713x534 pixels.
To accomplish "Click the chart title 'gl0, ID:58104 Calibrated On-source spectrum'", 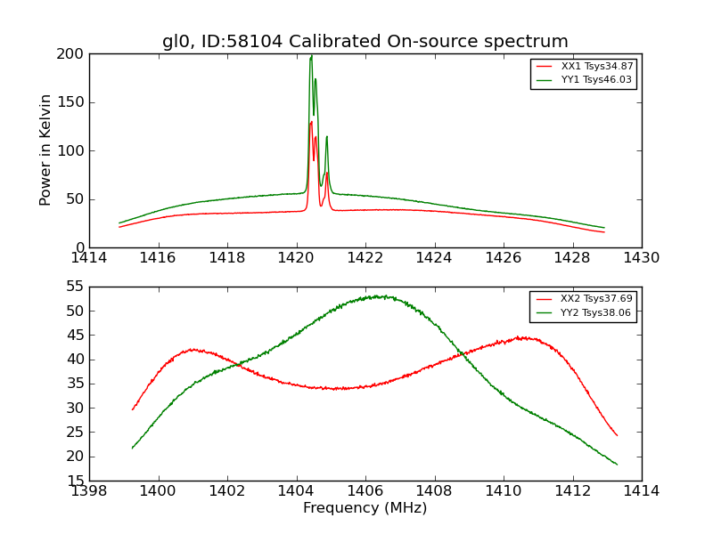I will (x=365, y=42).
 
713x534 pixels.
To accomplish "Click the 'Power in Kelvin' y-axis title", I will (x=45, y=150).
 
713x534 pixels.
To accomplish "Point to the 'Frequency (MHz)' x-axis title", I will (x=365, y=508).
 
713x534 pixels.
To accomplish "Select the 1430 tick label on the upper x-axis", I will (x=641, y=258).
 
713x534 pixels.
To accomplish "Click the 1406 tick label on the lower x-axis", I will (x=365, y=490).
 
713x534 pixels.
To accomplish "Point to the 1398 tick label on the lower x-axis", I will (x=89, y=490).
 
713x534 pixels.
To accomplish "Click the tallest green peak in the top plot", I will (x=311, y=57).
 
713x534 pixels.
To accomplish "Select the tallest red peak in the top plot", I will (x=311, y=122).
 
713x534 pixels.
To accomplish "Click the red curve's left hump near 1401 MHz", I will (x=193, y=349).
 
